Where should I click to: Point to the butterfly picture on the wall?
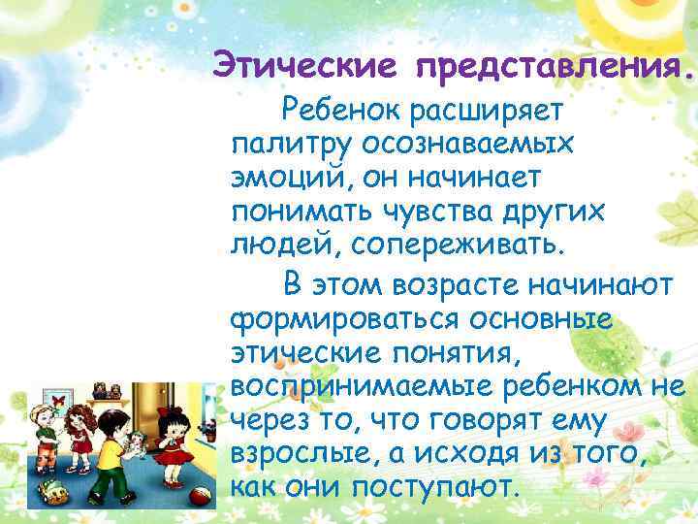pyautogui.click(x=58, y=400)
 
